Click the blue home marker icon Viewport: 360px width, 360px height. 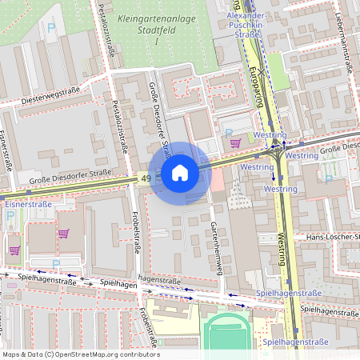(180, 173)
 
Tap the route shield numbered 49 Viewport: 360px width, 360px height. (144, 178)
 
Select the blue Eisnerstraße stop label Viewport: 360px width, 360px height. (28, 205)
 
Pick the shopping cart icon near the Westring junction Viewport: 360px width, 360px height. (235, 143)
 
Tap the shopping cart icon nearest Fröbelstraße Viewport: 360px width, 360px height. (63, 234)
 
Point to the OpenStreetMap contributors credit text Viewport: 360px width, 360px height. (80, 354)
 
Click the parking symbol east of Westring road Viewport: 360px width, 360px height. (327, 178)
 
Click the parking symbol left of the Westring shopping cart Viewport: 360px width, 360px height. (227, 133)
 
